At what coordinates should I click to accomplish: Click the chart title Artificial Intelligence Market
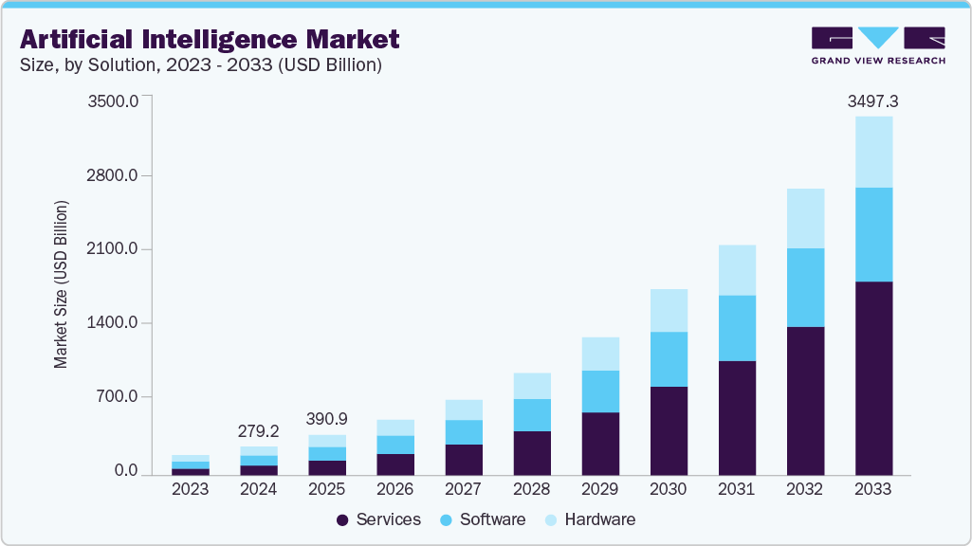coord(210,39)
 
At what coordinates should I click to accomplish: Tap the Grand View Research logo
coord(878,45)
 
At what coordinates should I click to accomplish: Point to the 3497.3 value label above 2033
coord(873,100)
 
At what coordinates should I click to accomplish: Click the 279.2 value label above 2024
coord(258,431)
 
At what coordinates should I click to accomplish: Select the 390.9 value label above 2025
coord(326,419)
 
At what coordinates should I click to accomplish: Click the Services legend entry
coord(379,519)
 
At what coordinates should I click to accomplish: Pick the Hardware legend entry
coord(589,519)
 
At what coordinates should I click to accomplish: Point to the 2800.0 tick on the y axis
coord(113,176)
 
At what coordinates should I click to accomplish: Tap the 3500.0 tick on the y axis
coord(113,101)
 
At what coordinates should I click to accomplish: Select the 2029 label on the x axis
coord(599,489)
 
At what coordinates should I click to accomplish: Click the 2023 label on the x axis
coord(190,489)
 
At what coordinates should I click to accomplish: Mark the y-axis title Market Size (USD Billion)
coord(62,284)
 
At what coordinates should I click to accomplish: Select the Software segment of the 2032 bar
coord(805,287)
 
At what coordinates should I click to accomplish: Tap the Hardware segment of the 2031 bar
coord(737,270)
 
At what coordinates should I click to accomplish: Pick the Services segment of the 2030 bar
coord(669,430)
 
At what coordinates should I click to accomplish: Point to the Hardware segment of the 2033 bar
coord(873,152)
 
